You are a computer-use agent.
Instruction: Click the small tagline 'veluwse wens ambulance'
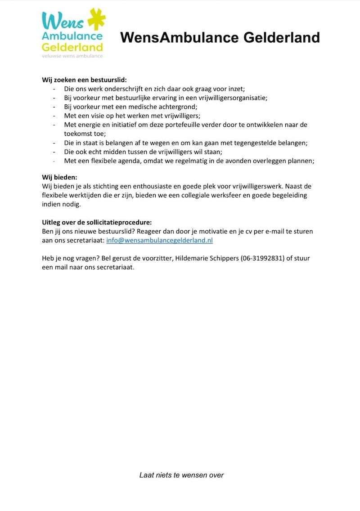pyautogui.click(x=72, y=56)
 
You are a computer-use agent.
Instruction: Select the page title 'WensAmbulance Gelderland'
pyautogui.click(x=220, y=37)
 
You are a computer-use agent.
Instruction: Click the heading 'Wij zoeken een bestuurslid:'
pyautogui.click(x=85, y=80)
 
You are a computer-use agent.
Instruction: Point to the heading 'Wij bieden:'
pyautogui.click(x=59, y=177)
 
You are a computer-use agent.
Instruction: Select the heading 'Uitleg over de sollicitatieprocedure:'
pyautogui.click(x=97, y=223)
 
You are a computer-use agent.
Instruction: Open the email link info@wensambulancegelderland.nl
pyautogui.click(x=159, y=240)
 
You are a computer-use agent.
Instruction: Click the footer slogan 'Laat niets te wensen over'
pyautogui.click(x=181, y=475)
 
